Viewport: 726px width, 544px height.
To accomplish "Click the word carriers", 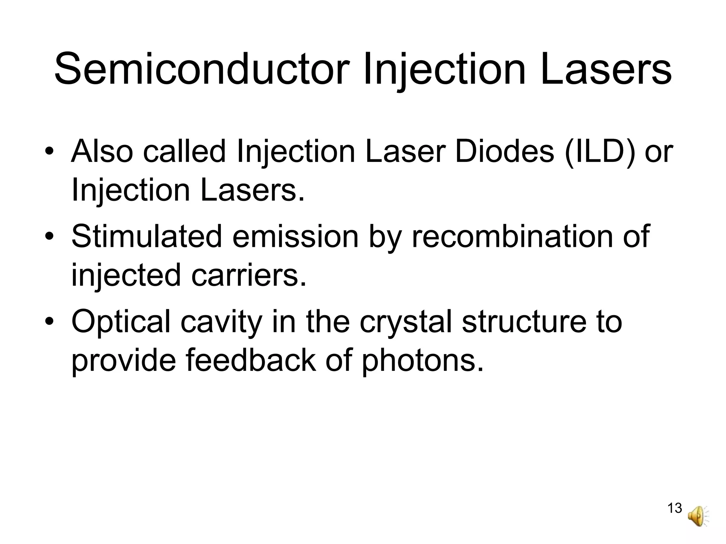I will [x=248, y=275].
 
